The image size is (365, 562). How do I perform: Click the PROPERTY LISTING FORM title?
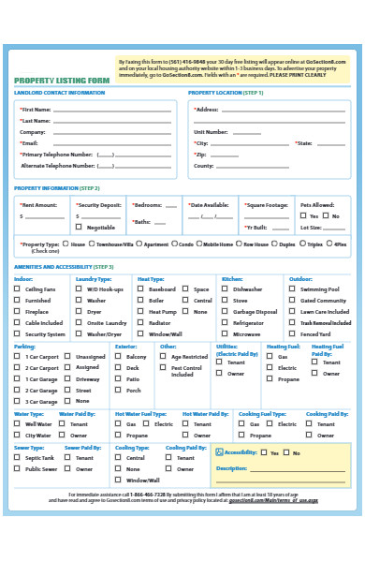pos(62,81)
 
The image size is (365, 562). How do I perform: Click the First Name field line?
pos(112,111)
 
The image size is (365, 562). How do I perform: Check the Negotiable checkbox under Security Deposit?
pos(79,227)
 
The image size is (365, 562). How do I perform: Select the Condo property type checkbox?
pos(175,244)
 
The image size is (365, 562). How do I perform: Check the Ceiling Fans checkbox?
pos(17,289)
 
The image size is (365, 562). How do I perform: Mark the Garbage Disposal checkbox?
pos(225,312)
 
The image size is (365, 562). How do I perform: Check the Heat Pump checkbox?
pos(141,312)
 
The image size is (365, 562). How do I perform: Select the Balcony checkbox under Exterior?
pos(119,357)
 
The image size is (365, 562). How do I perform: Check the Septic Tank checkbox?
pos(17,457)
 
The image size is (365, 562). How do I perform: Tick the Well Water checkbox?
pos(17,423)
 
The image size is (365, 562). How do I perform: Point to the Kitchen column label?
pos(231,278)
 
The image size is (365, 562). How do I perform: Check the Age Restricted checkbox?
pos(164,357)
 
